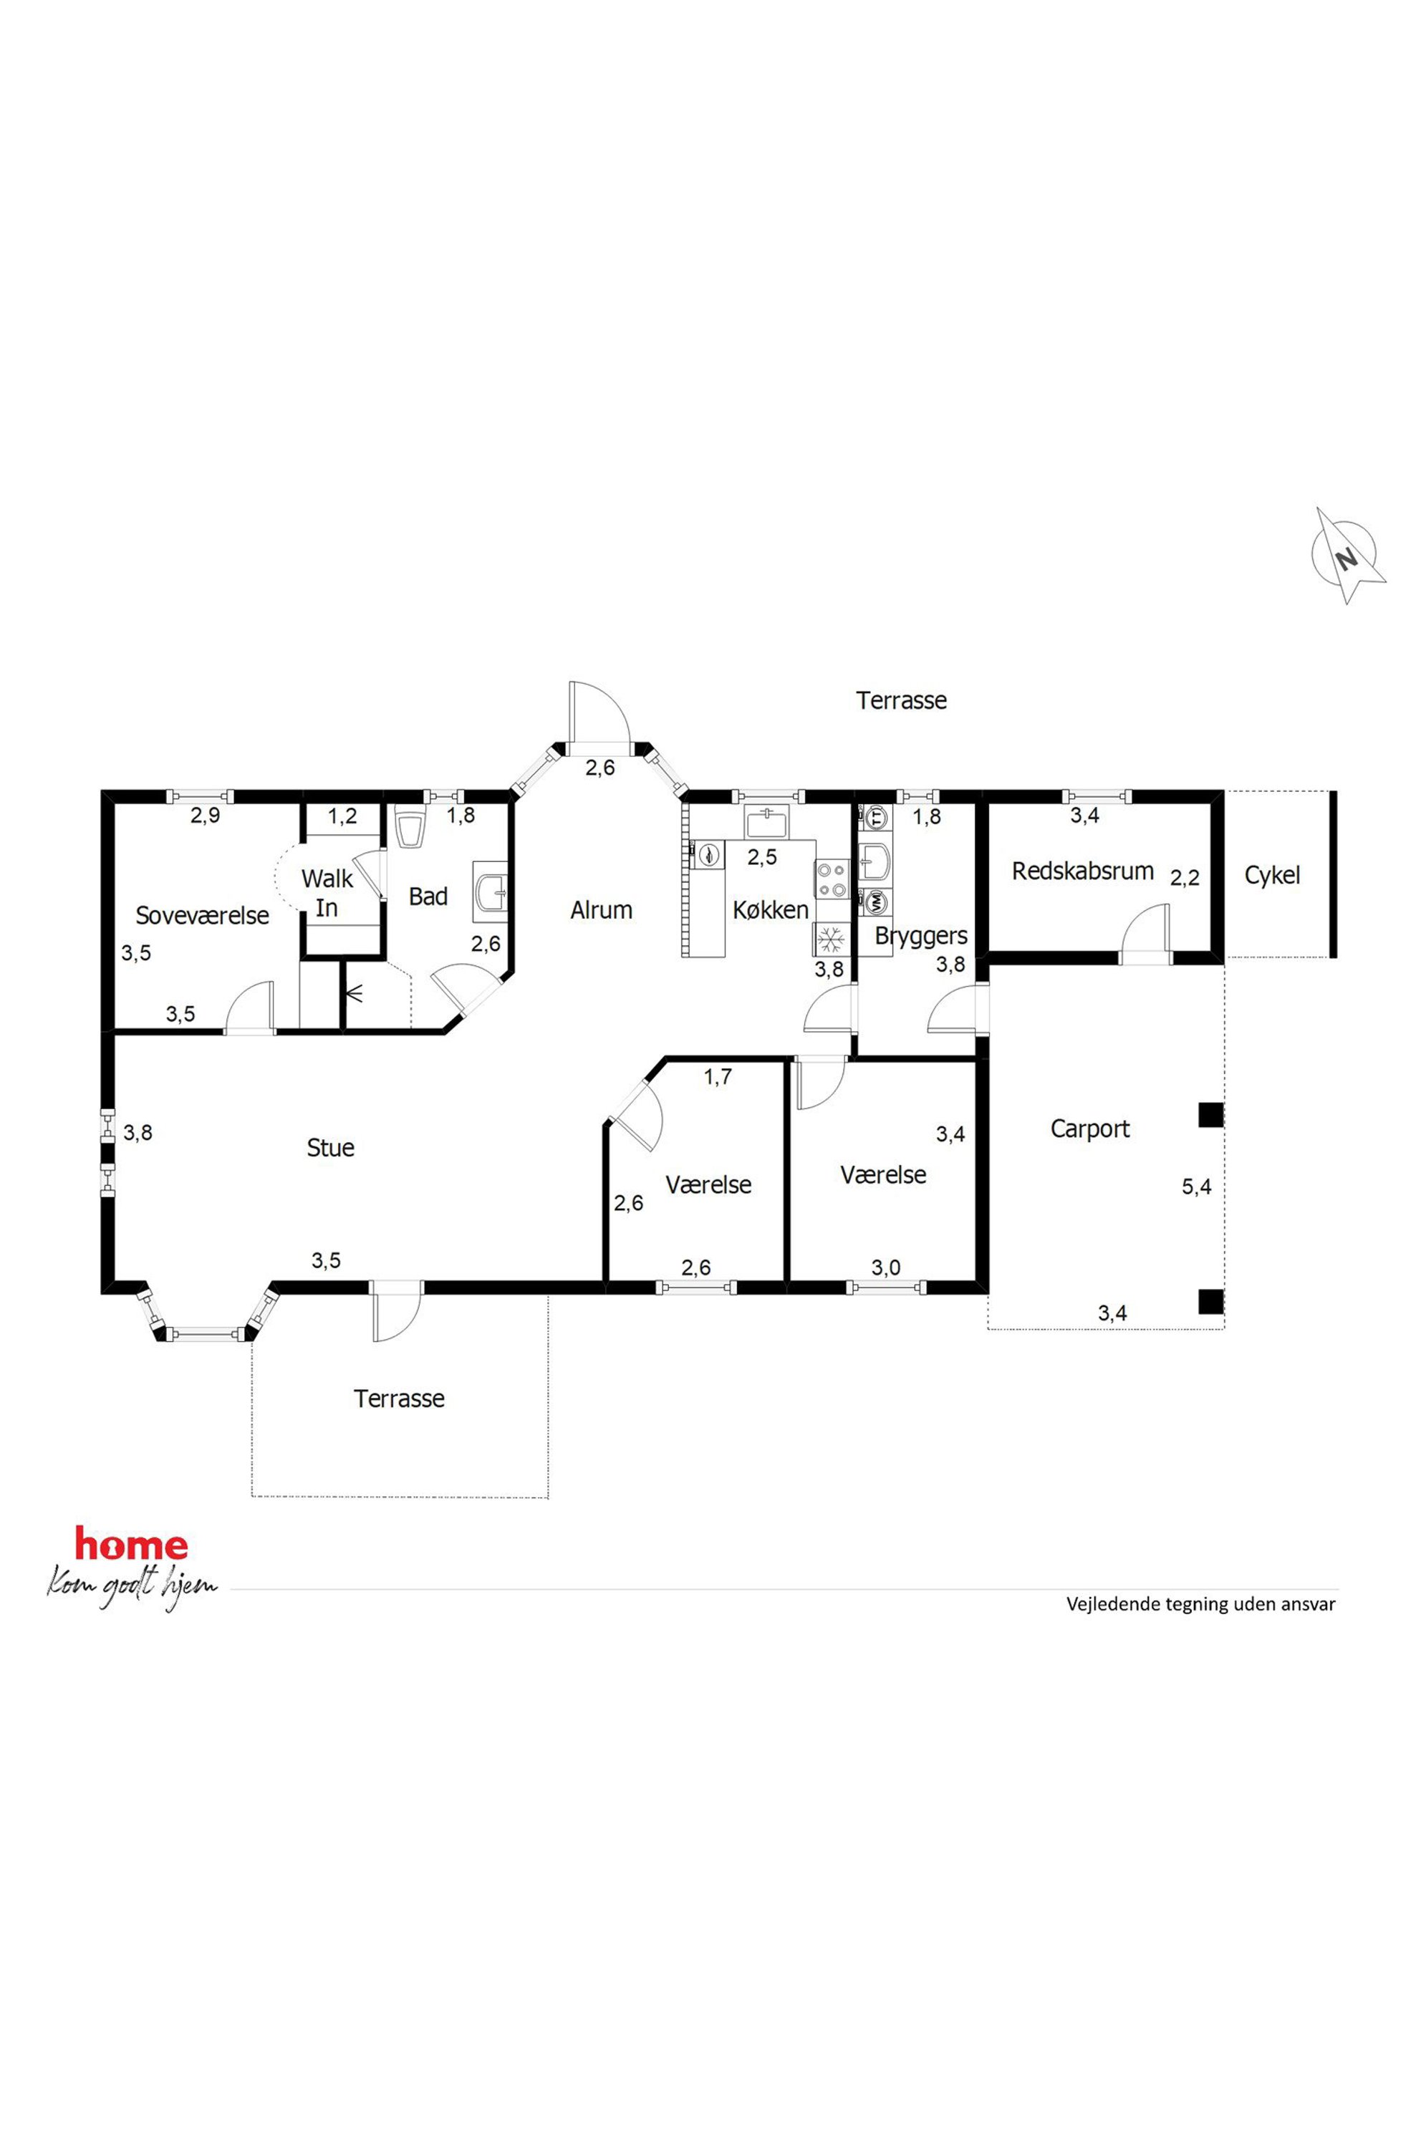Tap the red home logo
(x=131, y=1544)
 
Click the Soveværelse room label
(x=202, y=915)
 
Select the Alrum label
(x=601, y=909)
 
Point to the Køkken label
(x=771, y=909)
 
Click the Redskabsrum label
(x=1083, y=871)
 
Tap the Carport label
(x=1090, y=1129)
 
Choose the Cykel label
(x=1272, y=875)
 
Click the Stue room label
(x=331, y=1148)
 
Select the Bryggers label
(x=921, y=936)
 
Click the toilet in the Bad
(x=410, y=828)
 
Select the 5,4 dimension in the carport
(x=1196, y=1187)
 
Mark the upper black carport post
(x=1210, y=1114)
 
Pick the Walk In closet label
(x=327, y=892)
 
